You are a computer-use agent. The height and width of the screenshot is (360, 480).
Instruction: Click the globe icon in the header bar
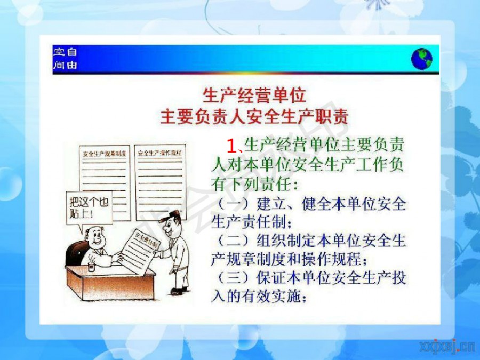[421, 59]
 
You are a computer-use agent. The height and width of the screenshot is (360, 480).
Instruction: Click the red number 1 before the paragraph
[232, 146]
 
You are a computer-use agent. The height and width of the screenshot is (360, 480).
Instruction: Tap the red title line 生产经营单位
[254, 95]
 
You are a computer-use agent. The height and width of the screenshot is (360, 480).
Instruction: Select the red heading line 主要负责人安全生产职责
[254, 116]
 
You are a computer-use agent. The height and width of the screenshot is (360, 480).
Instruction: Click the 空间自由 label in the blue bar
[65, 58]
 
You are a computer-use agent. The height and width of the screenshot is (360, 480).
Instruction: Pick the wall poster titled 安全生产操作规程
[160, 182]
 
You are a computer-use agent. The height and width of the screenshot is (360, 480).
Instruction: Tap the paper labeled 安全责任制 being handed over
[141, 251]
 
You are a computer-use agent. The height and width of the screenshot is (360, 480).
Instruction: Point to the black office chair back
[76, 253]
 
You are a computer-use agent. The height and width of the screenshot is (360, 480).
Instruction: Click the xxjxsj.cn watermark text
[448, 347]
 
